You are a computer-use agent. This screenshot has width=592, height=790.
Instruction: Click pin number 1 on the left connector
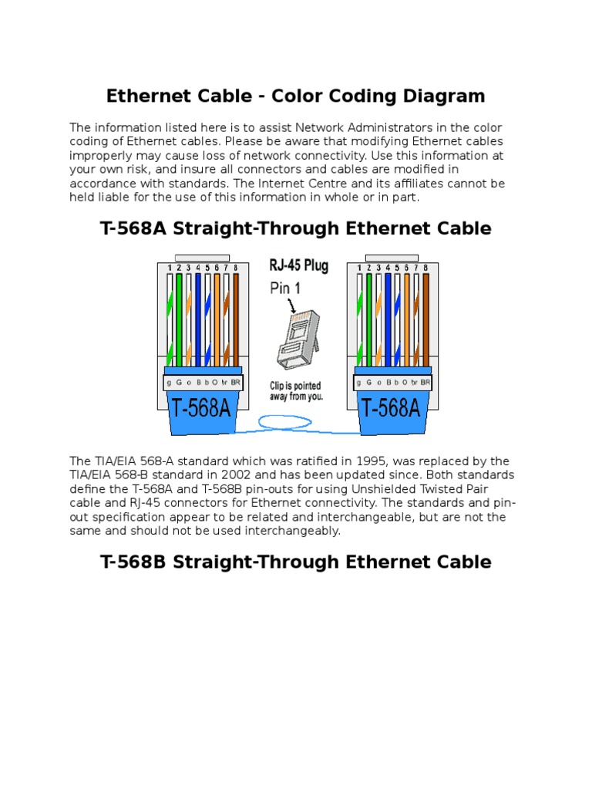(169, 268)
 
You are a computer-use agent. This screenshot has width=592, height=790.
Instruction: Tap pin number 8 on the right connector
(425, 268)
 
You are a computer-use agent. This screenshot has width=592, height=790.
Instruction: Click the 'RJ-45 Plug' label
(298, 266)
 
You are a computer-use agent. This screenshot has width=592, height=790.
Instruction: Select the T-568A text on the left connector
(200, 407)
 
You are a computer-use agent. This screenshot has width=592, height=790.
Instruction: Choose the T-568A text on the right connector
(391, 407)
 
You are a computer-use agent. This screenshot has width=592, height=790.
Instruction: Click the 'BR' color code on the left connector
(234, 383)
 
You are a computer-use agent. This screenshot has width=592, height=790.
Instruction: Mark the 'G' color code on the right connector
(369, 383)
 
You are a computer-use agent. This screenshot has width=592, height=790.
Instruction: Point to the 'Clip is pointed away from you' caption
(296, 391)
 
